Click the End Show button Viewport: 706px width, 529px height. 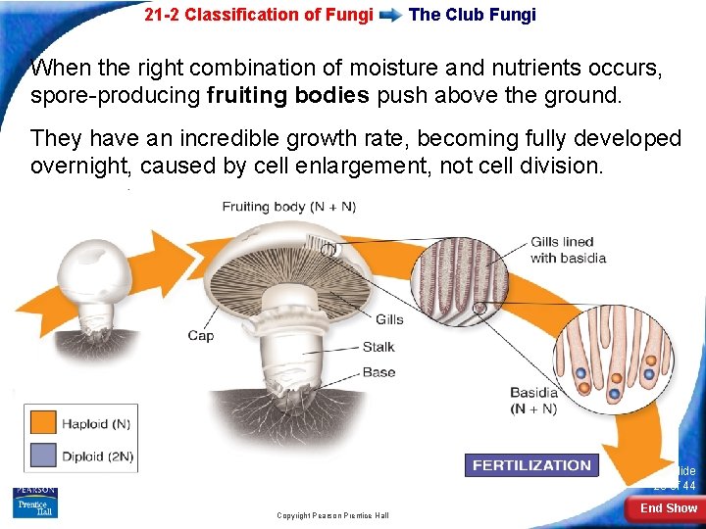click(x=668, y=507)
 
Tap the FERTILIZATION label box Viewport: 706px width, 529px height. click(x=531, y=465)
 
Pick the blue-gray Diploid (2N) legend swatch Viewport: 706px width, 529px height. click(x=42, y=455)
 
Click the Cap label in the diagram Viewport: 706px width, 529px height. click(x=201, y=336)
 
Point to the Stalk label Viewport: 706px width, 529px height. click(x=378, y=347)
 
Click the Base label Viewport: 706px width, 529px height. click(x=378, y=372)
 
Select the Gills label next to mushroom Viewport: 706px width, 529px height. click(x=388, y=319)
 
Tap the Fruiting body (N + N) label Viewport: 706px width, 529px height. click(x=288, y=207)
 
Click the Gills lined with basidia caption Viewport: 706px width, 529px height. click(x=568, y=251)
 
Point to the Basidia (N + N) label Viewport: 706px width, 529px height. click(x=534, y=401)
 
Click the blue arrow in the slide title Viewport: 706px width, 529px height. click(x=390, y=16)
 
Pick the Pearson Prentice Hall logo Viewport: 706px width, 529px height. click(x=35, y=502)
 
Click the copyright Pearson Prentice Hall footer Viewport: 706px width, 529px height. click(x=332, y=515)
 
